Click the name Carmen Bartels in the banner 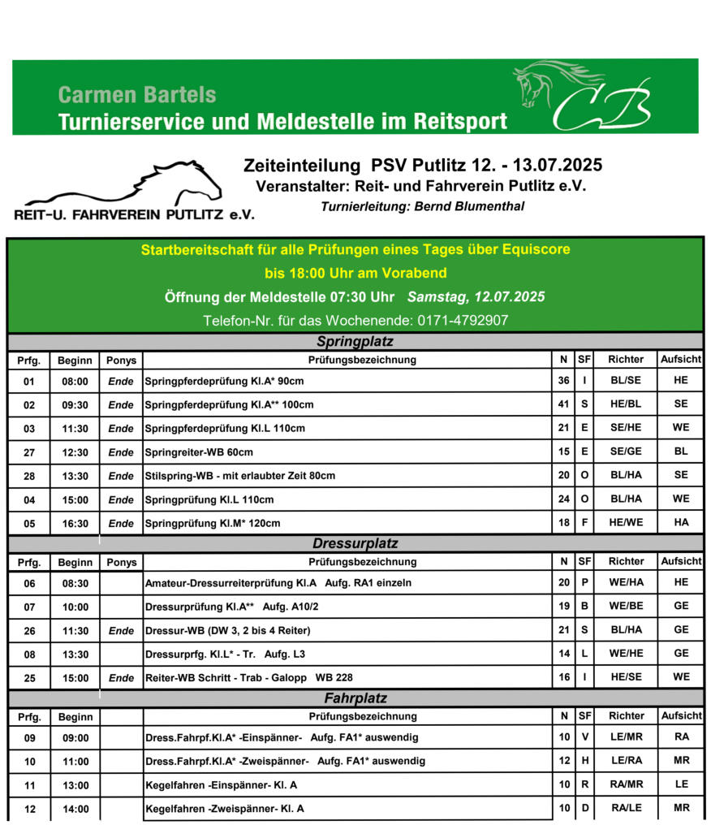point(137,94)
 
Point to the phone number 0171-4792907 point(463,321)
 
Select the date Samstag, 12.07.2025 point(476,297)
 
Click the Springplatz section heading point(355,341)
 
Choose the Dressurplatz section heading point(355,543)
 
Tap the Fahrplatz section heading point(355,698)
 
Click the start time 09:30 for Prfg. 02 point(75,404)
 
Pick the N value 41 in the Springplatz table point(563,404)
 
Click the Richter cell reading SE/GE point(626,452)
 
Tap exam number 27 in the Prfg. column point(29,452)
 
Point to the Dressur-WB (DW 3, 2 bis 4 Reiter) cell point(228,630)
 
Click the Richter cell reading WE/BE point(626,607)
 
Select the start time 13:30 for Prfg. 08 point(75,654)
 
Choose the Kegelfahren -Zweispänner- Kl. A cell point(226,809)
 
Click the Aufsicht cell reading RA point(681,738)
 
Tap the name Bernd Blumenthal point(469,207)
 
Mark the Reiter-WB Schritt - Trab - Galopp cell point(249,677)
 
